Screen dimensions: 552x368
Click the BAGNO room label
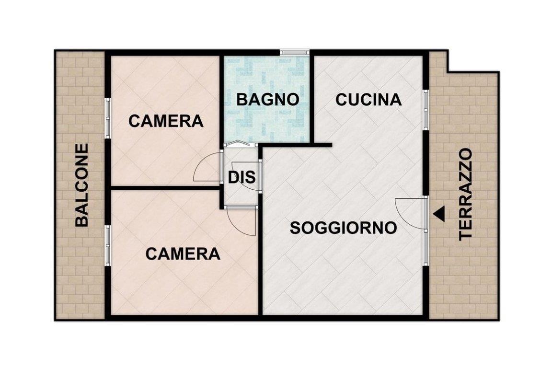pos(267,100)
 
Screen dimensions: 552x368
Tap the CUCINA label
pos(368,100)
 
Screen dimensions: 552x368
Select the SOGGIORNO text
pos(343,228)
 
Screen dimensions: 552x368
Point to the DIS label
pos(242,177)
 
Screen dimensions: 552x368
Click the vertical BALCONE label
pos(81,184)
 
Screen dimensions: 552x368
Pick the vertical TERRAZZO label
pos(465,195)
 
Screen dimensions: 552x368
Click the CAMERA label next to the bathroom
pos(166,121)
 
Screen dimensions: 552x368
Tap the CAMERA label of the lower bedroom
pos(183,253)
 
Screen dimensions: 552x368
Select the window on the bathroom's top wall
pos(295,53)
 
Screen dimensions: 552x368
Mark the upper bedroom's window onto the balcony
pos(108,118)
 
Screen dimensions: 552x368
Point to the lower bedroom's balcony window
pos(108,245)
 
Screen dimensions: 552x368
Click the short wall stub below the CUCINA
pos(322,145)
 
